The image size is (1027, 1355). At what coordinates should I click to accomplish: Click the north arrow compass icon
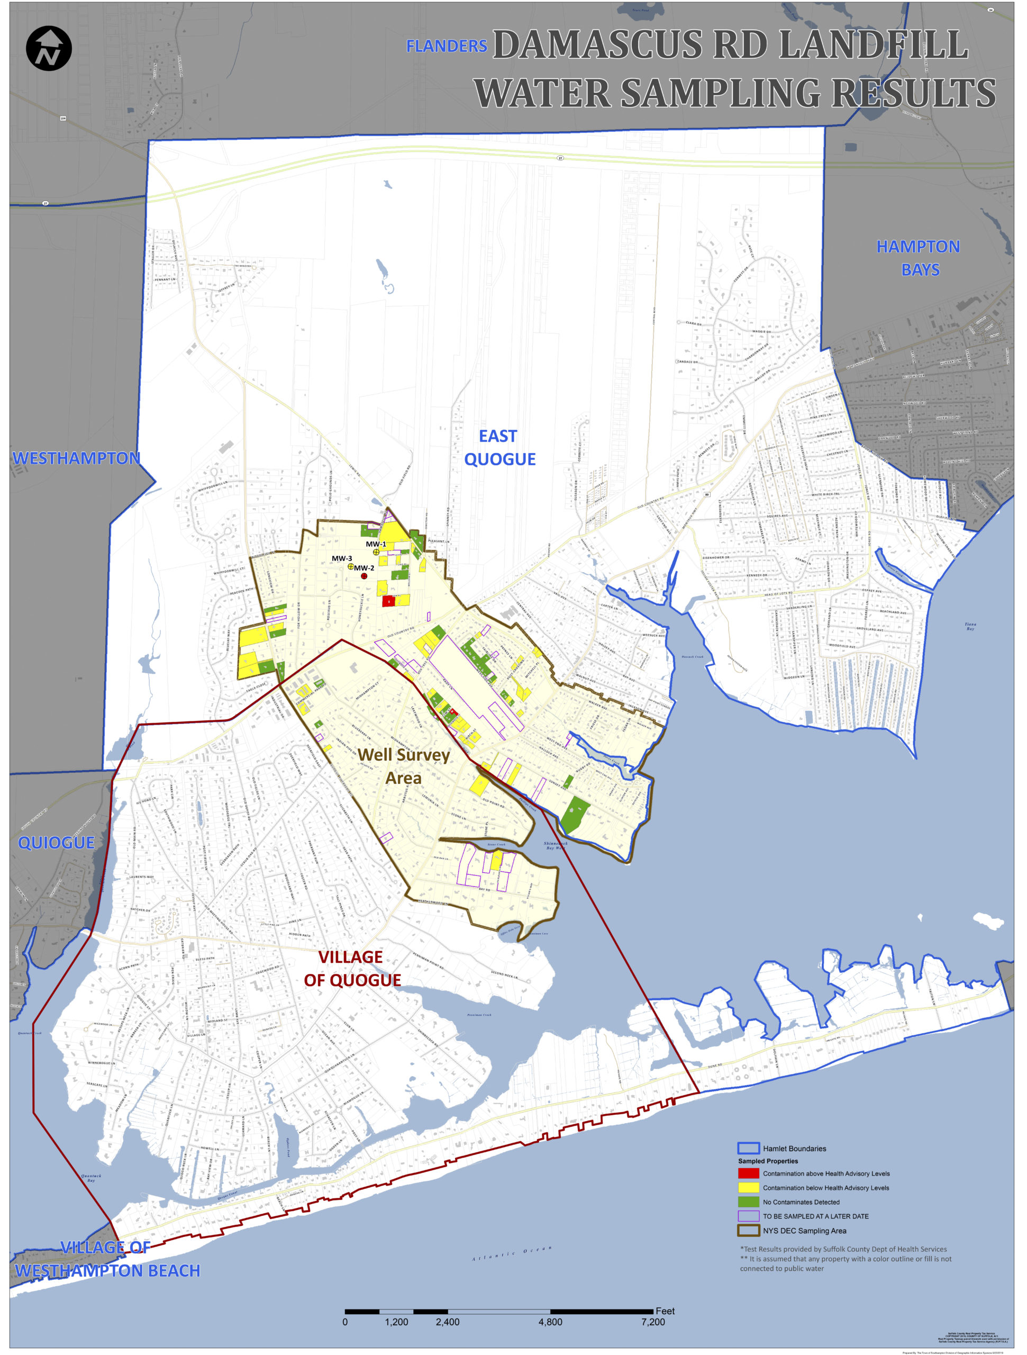(x=49, y=48)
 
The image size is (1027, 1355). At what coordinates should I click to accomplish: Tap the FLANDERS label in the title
(x=447, y=47)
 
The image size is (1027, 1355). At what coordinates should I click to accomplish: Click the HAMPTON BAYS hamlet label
(x=918, y=258)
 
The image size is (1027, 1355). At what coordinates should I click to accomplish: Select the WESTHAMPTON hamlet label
(x=77, y=458)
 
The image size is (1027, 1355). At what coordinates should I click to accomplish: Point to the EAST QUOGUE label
(x=499, y=448)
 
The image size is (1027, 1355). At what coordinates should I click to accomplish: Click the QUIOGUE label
(x=56, y=843)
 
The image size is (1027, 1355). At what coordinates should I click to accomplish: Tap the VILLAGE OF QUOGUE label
(x=352, y=969)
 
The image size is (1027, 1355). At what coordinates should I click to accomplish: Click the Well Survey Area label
(x=404, y=766)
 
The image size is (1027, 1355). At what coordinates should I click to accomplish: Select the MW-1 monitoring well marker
(x=376, y=552)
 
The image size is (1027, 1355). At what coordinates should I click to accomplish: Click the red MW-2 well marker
(x=364, y=576)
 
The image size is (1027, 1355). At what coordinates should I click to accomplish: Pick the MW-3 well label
(x=342, y=558)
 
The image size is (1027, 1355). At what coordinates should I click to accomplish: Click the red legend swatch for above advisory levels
(x=748, y=1173)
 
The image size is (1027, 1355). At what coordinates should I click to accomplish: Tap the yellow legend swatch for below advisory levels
(x=748, y=1188)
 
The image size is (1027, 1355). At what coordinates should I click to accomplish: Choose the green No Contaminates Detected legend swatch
(x=748, y=1202)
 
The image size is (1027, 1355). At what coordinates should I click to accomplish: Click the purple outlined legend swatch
(x=748, y=1216)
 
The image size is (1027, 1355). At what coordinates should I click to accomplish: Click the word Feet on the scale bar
(x=665, y=1311)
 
